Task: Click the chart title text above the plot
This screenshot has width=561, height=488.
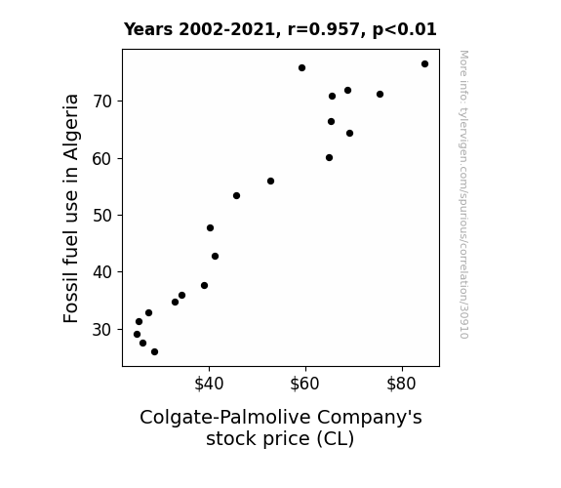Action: (280, 29)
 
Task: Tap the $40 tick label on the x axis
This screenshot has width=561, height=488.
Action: (209, 384)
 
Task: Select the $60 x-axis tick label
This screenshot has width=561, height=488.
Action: (304, 384)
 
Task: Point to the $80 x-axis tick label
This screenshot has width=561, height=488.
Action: (401, 384)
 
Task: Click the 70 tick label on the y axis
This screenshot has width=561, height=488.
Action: (102, 102)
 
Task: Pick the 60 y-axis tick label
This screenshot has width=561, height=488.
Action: (102, 159)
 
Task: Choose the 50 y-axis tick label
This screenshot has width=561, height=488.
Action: (102, 216)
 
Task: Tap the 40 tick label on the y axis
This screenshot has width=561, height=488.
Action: (102, 272)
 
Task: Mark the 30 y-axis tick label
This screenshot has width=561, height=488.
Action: (102, 329)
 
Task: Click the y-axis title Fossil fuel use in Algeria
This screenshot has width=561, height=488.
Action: (71, 208)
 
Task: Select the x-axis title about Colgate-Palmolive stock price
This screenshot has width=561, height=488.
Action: (281, 427)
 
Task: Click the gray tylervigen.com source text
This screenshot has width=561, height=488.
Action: (463, 194)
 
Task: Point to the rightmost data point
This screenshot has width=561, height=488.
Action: (424, 64)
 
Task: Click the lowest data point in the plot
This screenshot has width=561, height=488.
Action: (154, 352)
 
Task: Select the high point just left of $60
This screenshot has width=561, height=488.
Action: (302, 68)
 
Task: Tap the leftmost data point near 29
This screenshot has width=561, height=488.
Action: (137, 335)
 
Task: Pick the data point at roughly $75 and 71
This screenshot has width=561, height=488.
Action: (380, 94)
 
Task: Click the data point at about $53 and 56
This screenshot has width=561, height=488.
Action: (271, 182)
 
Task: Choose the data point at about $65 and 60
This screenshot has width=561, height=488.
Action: (330, 158)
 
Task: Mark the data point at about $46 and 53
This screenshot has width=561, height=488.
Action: (236, 196)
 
